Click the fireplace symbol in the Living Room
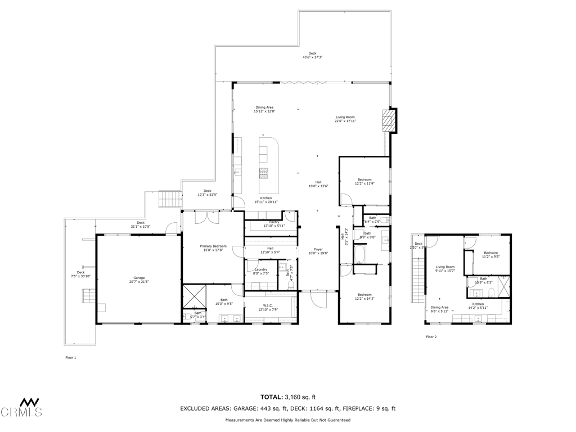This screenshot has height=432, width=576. pyautogui.click(x=388, y=120)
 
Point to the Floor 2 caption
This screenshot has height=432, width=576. pyautogui.click(x=431, y=337)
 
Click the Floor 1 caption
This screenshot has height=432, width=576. pyautogui.click(x=71, y=358)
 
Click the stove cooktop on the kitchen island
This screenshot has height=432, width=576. pyautogui.click(x=264, y=172)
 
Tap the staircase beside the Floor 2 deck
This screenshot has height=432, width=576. pyautogui.click(x=418, y=280)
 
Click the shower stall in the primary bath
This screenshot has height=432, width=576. pyautogui.click(x=194, y=295)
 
